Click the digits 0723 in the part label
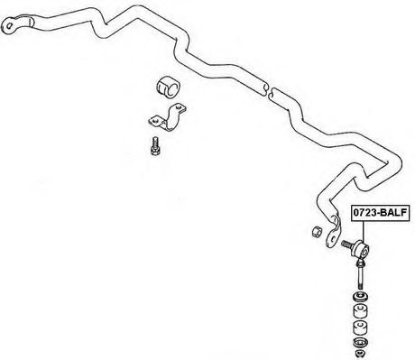tap(364, 213)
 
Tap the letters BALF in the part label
tap(392, 213)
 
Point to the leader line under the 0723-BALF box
tap(363, 232)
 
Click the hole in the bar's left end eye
tap(9, 25)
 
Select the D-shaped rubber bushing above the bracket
tap(168, 88)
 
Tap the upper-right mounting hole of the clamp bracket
tap(180, 106)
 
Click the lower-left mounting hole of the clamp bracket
tap(155, 120)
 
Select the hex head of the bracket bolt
tap(154, 151)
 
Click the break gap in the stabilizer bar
tap(269, 89)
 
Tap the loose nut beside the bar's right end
tap(317, 231)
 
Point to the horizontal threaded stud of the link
tap(347, 244)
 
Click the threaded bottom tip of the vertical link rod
tap(360, 287)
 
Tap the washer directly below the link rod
tap(360, 298)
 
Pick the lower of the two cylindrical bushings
tap(360, 328)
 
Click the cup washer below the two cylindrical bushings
tap(360, 342)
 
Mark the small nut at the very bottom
tap(360, 353)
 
